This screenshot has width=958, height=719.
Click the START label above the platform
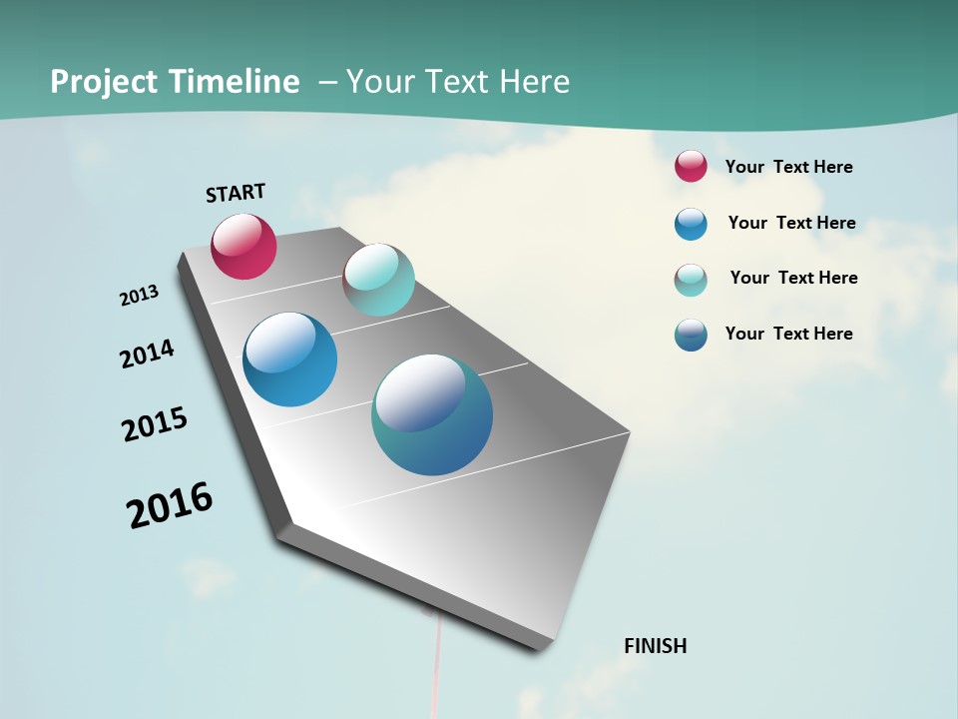[236, 193]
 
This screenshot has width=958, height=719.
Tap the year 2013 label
[139, 296]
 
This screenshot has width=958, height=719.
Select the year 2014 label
[147, 354]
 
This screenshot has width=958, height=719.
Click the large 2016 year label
[170, 505]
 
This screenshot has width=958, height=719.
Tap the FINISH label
[655, 646]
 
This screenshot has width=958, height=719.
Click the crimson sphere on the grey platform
[243, 246]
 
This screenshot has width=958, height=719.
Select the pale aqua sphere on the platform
[378, 280]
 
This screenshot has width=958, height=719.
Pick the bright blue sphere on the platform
[290, 359]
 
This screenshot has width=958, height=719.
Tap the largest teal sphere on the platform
[432, 414]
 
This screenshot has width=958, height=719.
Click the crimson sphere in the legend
[691, 166]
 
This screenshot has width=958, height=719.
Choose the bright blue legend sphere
[691, 224]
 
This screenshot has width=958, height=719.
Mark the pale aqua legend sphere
[691, 280]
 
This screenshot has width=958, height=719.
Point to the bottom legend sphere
[691, 335]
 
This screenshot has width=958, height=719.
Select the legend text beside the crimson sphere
[788, 167]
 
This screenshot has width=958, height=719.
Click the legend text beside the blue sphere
[791, 223]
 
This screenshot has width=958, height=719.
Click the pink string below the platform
[435, 669]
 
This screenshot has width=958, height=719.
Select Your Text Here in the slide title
[458, 82]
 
